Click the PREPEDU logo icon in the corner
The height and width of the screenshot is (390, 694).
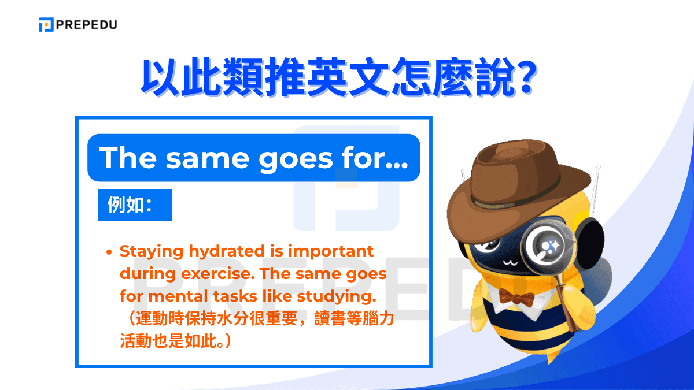46,25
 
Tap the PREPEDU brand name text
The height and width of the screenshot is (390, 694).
86,25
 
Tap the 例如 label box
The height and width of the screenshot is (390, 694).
135,205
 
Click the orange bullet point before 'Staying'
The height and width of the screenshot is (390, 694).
109,252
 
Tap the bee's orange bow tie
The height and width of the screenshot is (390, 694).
516,297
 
